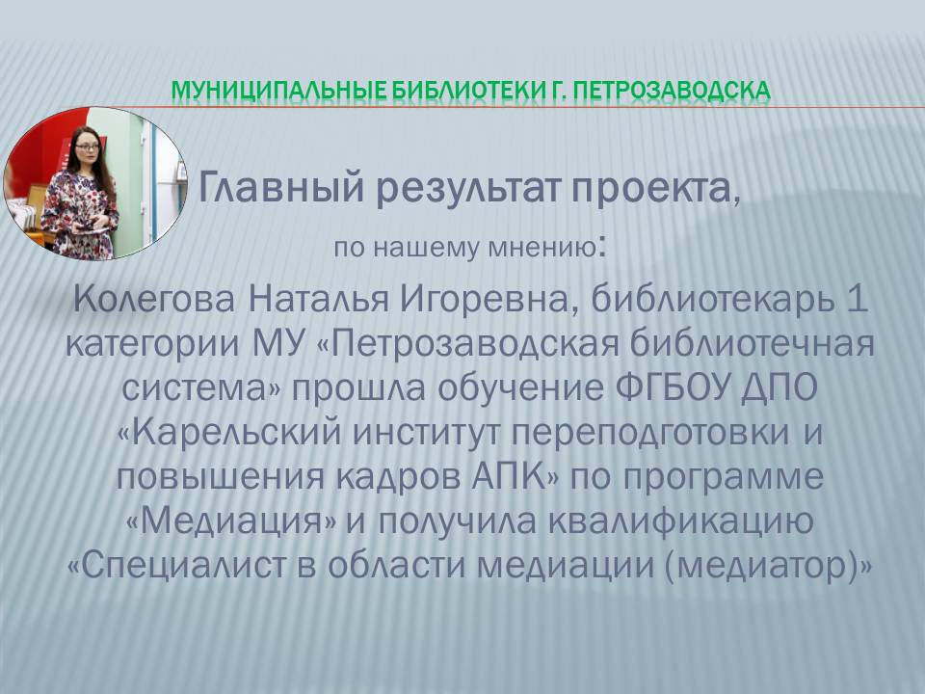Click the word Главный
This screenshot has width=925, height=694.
pos(280,188)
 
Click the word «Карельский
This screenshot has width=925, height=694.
pos(229,433)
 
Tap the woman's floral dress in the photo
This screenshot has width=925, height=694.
pos(79,212)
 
